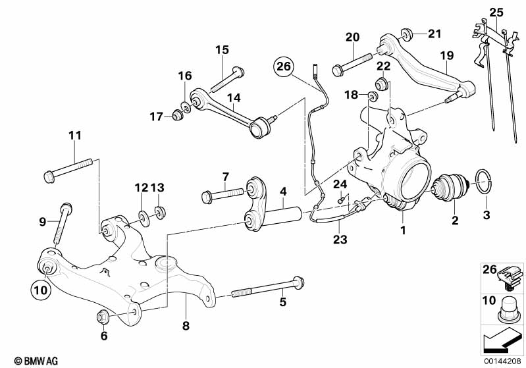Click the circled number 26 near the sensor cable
[x=284, y=66]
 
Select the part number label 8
[x=187, y=325]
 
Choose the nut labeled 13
[x=159, y=212]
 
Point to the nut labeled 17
[x=176, y=117]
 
